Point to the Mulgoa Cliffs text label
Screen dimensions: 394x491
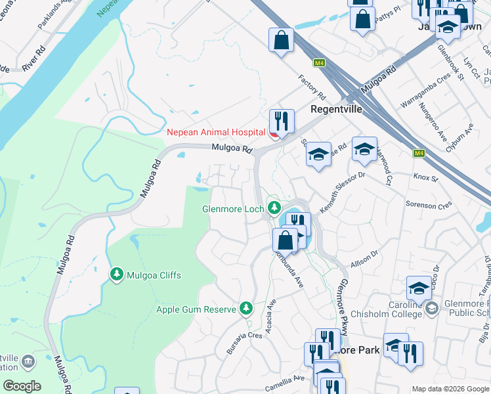154,274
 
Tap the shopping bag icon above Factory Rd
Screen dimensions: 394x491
281,40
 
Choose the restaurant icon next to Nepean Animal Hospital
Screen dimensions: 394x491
282,121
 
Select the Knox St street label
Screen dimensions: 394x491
425,177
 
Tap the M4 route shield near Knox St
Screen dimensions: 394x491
419,154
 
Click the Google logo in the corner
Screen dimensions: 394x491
22,385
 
